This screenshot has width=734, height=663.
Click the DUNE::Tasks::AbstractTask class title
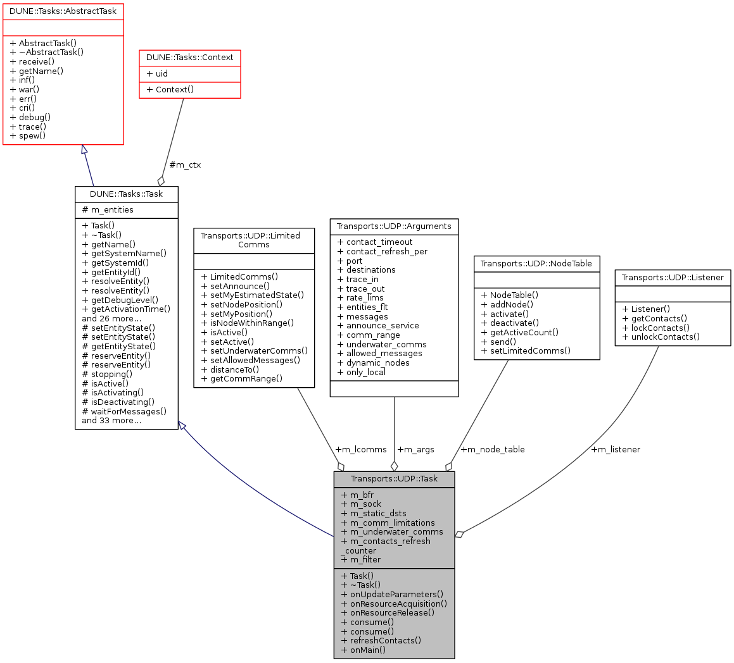63,11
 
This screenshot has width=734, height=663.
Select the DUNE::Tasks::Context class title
190,58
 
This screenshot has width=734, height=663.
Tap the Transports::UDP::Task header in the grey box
394,479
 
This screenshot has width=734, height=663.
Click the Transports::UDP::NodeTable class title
536,263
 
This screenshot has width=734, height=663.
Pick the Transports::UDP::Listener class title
673,277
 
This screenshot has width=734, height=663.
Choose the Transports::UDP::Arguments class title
394,226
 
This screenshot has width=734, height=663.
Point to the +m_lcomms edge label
360,450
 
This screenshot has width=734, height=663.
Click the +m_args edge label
415,450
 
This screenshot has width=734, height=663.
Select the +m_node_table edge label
492,450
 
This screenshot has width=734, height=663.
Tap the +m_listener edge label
615,450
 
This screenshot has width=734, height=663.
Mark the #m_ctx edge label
186,165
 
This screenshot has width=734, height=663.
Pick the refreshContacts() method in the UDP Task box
381,640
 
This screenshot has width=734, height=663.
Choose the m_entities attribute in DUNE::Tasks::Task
108,210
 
